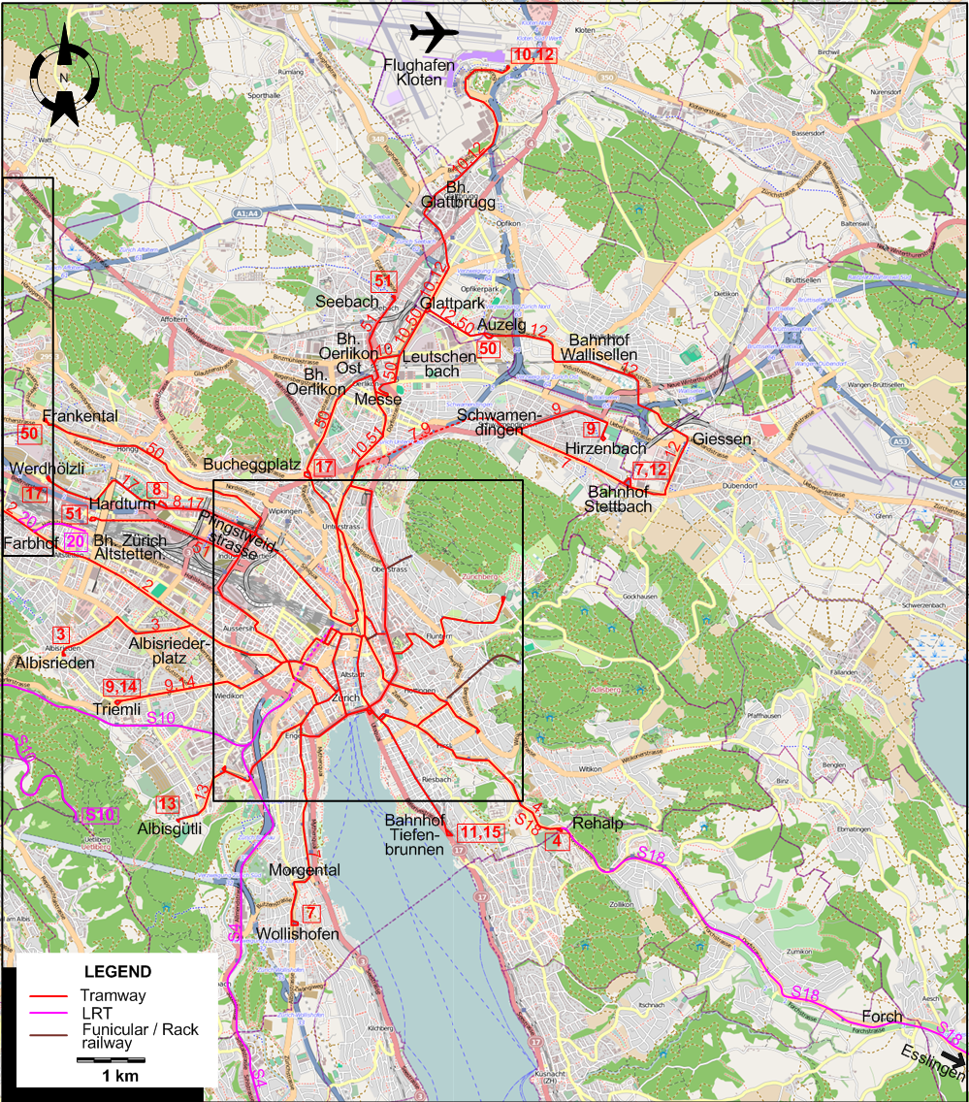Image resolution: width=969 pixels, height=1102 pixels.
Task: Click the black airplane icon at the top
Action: pyautogui.click(x=434, y=33)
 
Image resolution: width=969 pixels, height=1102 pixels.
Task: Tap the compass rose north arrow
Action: pyautogui.click(x=63, y=77)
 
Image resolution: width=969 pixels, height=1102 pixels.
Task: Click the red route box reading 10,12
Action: pyautogui.click(x=533, y=56)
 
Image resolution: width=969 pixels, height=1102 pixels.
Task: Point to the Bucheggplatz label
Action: pyautogui.click(x=251, y=464)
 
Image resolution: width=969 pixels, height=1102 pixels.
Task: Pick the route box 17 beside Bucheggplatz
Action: pyautogui.click(x=324, y=468)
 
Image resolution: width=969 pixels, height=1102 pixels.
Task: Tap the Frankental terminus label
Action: pyautogui.click(x=81, y=416)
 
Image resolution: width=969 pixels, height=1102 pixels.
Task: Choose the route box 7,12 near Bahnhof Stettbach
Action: pyautogui.click(x=651, y=470)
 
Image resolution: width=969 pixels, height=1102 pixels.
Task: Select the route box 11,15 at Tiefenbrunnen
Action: pyautogui.click(x=481, y=831)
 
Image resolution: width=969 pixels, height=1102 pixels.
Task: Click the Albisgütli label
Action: pyautogui.click(x=170, y=828)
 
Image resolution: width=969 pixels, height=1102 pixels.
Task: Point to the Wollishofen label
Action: pyautogui.click(x=298, y=934)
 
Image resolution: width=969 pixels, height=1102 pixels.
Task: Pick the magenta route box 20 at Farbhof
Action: pyautogui.click(x=77, y=541)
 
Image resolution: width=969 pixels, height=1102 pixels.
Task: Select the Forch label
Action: pyautogui.click(x=882, y=1017)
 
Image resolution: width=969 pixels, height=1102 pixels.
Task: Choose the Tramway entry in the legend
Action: pyautogui.click(x=113, y=995)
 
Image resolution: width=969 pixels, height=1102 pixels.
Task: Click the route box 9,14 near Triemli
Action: pyautogui.click(x=123, y=686)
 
